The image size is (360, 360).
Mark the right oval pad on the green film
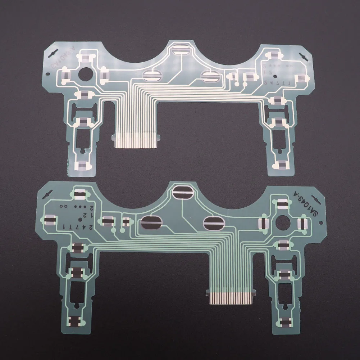(x=214, y=223)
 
